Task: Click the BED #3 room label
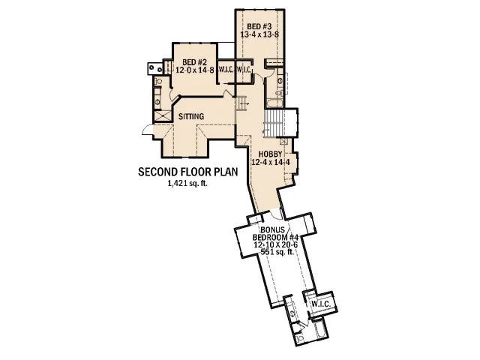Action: point(258,26)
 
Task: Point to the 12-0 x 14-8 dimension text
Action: point(195,69)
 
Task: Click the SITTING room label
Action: point(193,116)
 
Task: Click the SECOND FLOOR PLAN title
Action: point(188,172)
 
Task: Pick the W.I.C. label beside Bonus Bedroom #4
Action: point(321,304)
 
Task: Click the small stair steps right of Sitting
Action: point(241,104)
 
